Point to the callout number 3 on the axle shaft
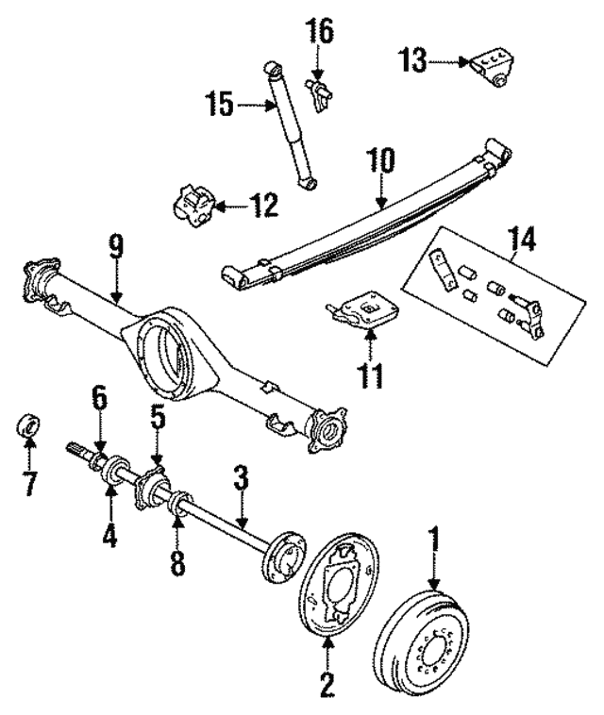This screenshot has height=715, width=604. point(242,478)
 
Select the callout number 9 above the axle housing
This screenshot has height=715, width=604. point(115,248)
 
